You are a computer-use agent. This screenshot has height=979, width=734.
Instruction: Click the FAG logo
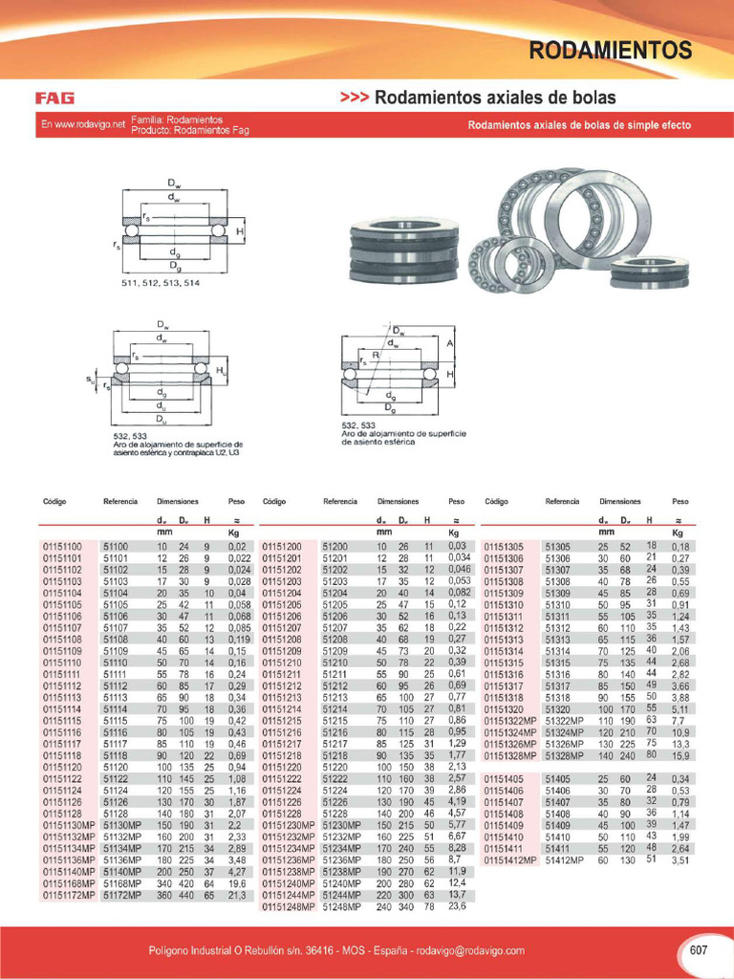coord(54,98)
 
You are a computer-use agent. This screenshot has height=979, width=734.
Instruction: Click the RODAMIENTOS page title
coord(611,50)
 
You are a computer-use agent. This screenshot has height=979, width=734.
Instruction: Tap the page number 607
coord(699,950)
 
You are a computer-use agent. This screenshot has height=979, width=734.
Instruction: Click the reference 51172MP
coord(122,896)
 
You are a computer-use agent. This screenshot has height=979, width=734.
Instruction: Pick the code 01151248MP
coord(288,906)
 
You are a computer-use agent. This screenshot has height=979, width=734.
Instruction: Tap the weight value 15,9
coord(680,756)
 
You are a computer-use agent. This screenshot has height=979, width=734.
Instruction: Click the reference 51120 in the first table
coord(116,767)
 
